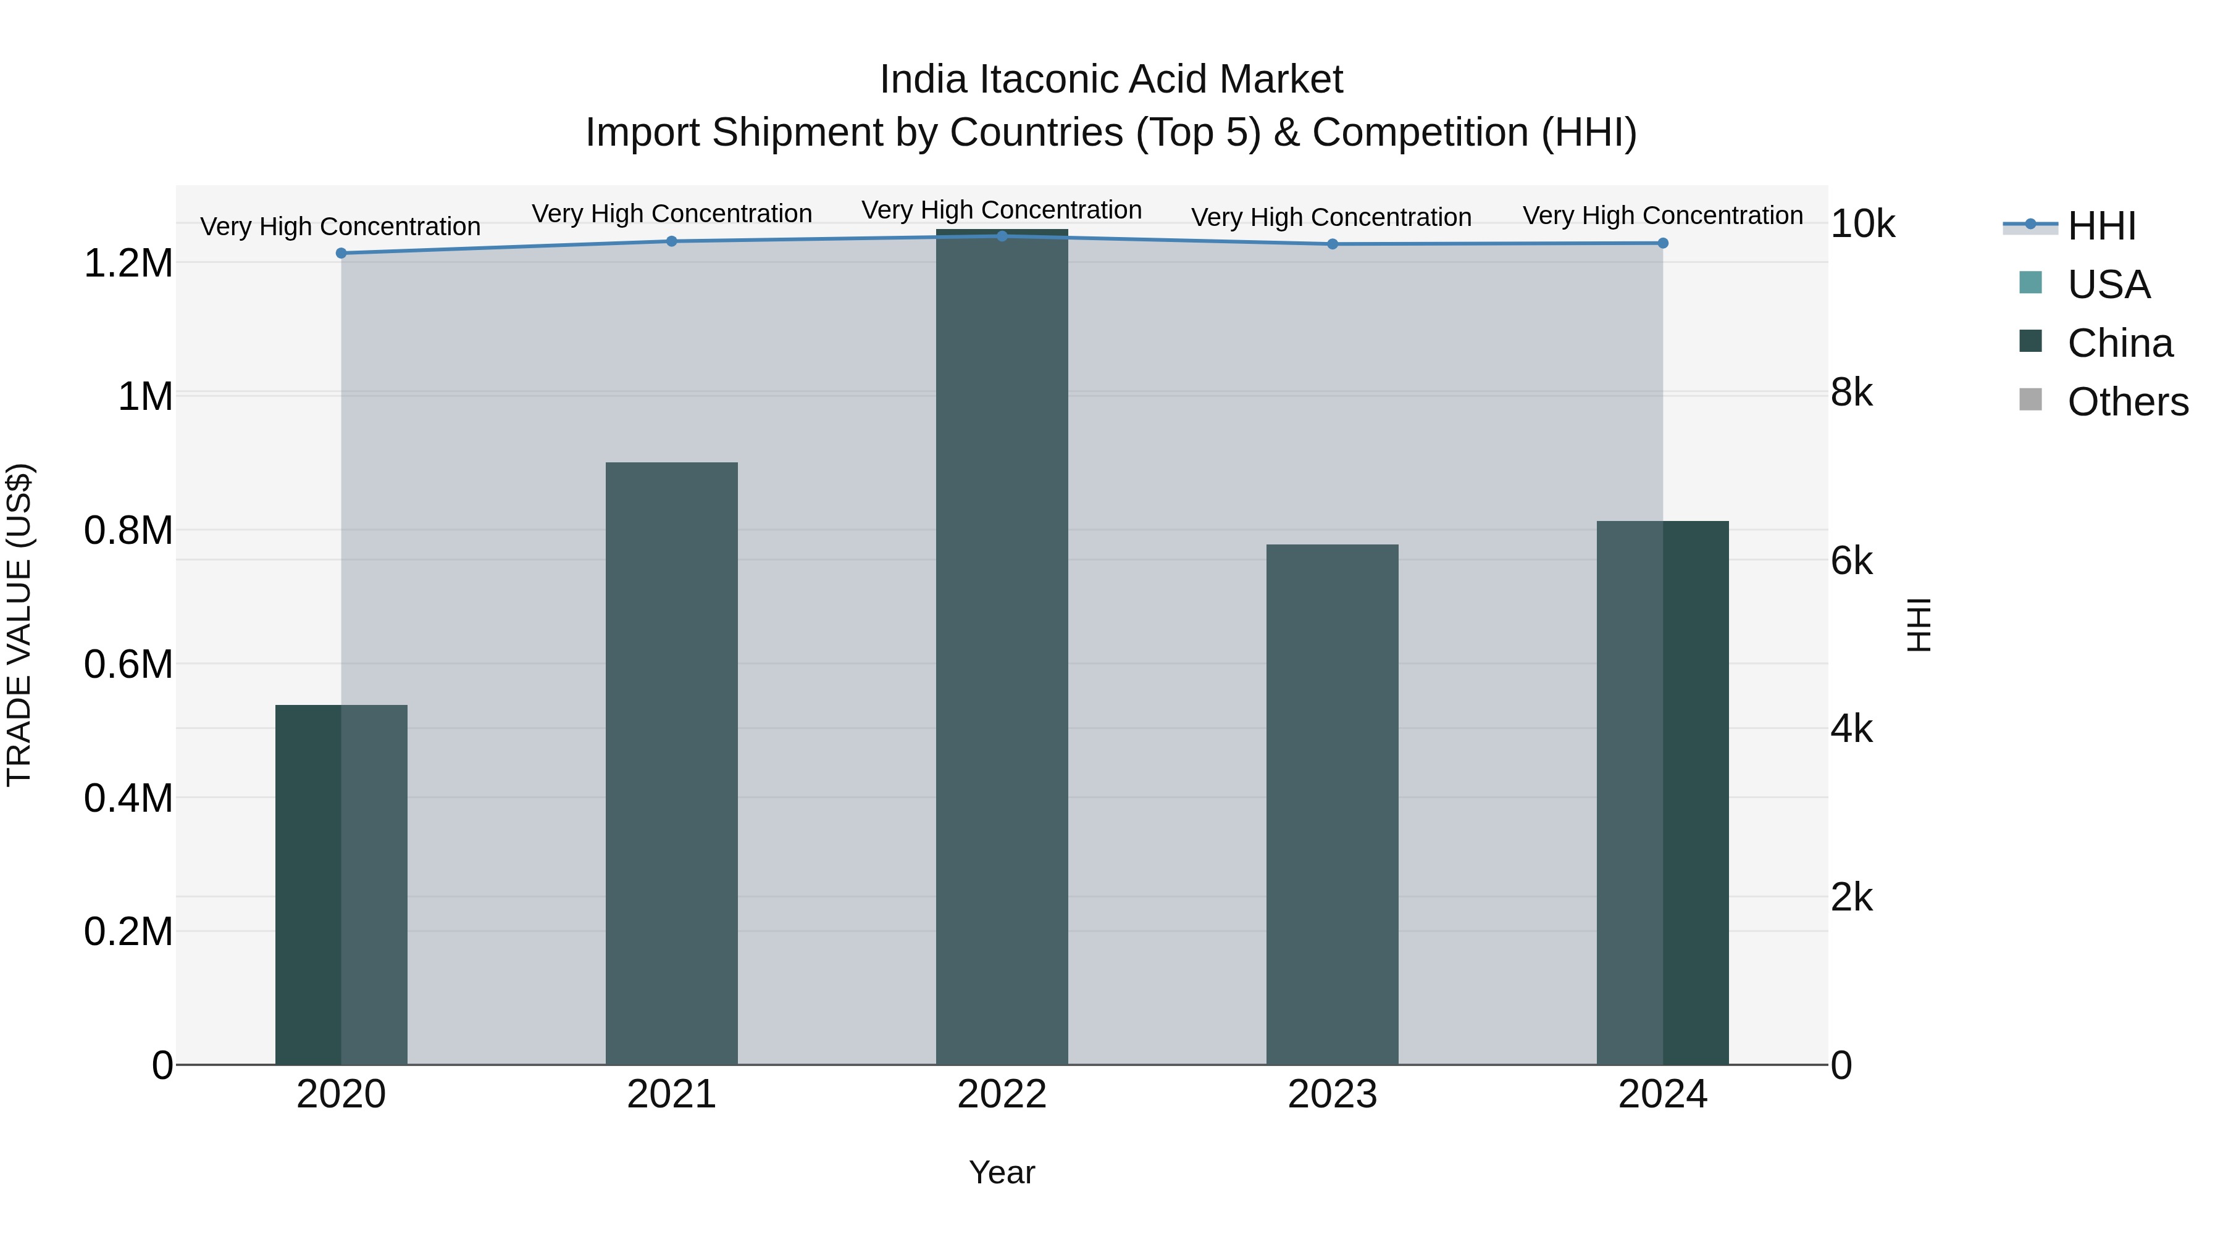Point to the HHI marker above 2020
[341, 252]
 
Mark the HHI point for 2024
[1662, 243]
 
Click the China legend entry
[2119, 343]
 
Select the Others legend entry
[2127, 401]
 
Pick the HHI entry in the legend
[2101, 225]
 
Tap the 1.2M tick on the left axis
[128, 263]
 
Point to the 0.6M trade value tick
[128, 664]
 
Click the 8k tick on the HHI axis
[1852, 393]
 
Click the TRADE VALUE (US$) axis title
[19, 625]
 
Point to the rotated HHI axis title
[1919, 625]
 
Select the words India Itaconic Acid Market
[1111, 80]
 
